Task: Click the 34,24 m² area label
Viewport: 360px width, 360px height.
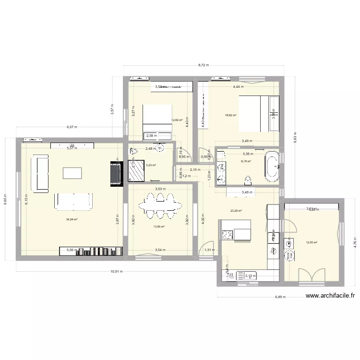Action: click(x=72, y=219)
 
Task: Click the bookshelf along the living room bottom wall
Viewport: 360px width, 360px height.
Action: click(x=91, y=251)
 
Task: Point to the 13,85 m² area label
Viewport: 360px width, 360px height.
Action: click(x=159, y=227)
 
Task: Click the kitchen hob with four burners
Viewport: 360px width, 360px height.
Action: click(x=227, y=235)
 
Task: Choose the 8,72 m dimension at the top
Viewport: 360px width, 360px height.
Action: click(x=204, y=65)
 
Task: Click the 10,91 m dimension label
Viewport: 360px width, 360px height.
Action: click(x=117, y=271)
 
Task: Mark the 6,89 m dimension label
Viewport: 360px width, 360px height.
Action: click(x=280, y=297)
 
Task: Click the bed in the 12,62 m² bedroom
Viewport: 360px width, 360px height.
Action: click(x=157, y=117)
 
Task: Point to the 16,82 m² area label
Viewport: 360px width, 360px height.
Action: click(x=231, y=115)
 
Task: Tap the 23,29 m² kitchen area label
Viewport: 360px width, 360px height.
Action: click(x=236, y=211)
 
